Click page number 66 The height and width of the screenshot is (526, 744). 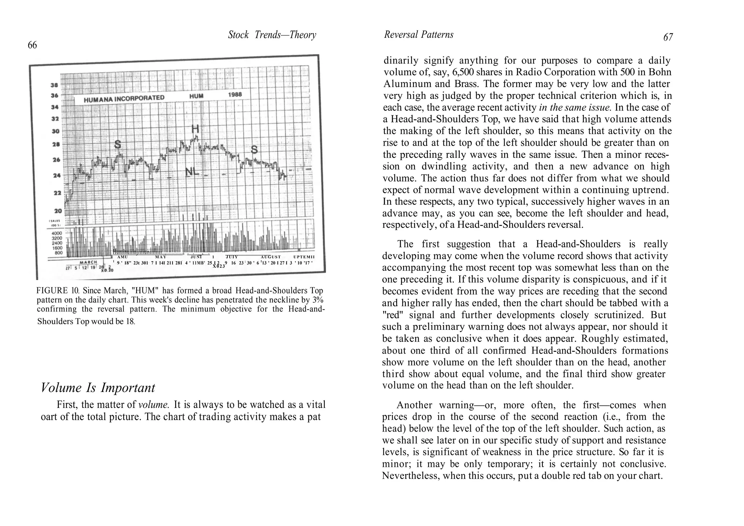coord(32,45)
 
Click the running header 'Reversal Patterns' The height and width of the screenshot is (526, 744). coord(418,35)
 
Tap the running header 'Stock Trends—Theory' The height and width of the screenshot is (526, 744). coord(272,35)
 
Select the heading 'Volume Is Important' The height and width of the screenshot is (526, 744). coord(98,388)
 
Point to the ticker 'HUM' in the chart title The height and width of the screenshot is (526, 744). coord(196,96)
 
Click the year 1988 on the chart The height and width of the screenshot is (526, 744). coord(235,94)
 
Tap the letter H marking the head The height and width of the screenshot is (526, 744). coord(195,129)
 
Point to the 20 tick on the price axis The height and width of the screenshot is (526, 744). coord(58,211)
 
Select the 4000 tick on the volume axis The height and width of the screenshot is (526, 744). coord(58,233)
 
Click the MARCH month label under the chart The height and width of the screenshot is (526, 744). coord(88,262)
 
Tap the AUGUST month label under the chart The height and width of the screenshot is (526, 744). coord(270,257)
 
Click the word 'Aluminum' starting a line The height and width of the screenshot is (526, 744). coord(407,84)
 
